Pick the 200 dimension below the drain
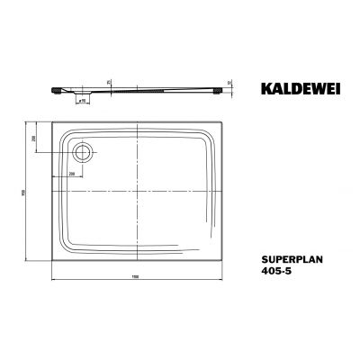pos(70,172)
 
